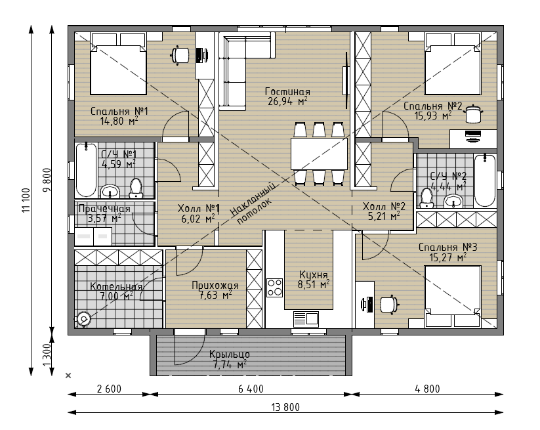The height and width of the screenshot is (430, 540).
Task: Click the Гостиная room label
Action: click(x=287, y=92)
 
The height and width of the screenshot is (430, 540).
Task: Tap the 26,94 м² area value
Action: click(x=287, y=101)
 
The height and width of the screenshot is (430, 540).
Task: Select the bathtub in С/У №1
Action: click(x=86, y=171)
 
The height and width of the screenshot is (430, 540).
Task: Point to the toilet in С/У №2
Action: click(x=426, y=198)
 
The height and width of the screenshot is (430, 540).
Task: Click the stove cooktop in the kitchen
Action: click(x=274, y=288)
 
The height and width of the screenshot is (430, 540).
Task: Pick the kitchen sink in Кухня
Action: click(x=306, y=318)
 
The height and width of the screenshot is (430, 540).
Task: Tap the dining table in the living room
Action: click(x=319, y=154)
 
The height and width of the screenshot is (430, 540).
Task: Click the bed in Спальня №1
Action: click(x=118, y=64)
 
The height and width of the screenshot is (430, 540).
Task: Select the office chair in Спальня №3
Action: click(x=390, y=305)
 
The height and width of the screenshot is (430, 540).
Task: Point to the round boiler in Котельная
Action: click(x=83, y=319)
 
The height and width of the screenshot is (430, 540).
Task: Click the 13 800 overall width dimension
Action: click(x=285, y=407)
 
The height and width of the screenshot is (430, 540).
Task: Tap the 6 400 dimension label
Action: click(x=251, y=389)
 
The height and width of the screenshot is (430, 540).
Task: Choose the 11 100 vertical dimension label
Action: click(x=26, y=200)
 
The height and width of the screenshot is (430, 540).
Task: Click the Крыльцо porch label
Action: click(x=230, y=355)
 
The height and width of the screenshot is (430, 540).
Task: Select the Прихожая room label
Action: click(x=215, y=286)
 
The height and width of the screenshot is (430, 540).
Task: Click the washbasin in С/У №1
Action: click(x=110, y=191)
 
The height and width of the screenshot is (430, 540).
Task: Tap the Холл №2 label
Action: click(x=384, y=206)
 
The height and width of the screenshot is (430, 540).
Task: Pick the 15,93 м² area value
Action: click(x=433, y=116)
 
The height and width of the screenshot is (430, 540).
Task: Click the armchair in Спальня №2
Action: click(x=473, y=114)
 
